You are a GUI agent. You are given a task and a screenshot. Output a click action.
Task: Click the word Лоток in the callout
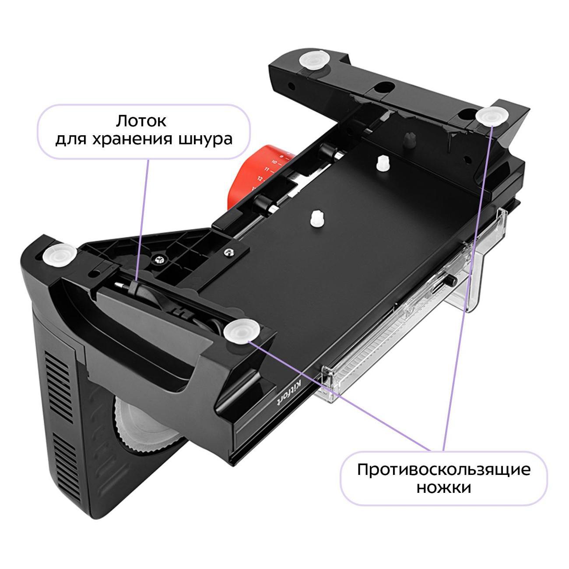(x=141, y=121)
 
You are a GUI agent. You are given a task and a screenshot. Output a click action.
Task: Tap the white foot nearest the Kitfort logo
(x=242, y=332)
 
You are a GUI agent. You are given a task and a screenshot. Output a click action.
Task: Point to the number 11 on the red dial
(x=267, y=169)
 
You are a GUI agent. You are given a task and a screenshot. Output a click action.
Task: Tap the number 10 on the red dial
(x=274, y=162)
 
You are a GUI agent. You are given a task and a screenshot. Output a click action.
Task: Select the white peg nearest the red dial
(x=383, y=162)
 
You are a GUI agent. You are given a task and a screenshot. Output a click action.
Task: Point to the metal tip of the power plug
(x=119, y=285)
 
